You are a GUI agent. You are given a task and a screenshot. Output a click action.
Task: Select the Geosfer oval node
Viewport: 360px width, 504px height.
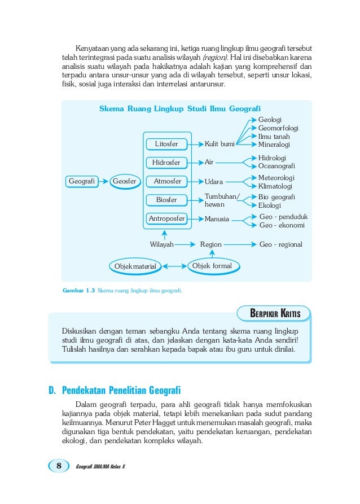[124, 181]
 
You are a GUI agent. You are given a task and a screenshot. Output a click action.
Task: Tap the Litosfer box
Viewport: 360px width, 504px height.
[166, 144]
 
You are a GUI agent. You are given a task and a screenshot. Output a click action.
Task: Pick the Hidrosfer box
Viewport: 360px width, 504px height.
[166, 163]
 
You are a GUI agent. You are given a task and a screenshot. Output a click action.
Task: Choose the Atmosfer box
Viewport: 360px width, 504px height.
[167, 181]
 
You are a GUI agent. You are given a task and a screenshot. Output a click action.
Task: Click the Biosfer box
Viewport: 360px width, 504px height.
[166, 200]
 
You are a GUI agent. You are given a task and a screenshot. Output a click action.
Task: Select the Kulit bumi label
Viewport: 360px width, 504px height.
[219, 144]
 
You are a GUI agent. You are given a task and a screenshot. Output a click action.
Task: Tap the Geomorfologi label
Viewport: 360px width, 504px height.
[278, 128]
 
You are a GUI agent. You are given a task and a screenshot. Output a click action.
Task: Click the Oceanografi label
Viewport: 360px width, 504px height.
[276, 166]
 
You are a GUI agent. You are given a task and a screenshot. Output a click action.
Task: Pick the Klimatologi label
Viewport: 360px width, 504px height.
[275, 186]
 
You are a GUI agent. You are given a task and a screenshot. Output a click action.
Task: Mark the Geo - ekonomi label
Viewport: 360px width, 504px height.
[282, 225]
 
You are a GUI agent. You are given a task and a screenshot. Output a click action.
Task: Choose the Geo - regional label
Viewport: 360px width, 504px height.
[280, 244]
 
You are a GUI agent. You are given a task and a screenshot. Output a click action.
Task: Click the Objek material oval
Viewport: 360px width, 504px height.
[135, 266]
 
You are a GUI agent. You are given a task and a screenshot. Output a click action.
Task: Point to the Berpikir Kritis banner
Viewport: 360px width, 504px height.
[275, 313]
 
